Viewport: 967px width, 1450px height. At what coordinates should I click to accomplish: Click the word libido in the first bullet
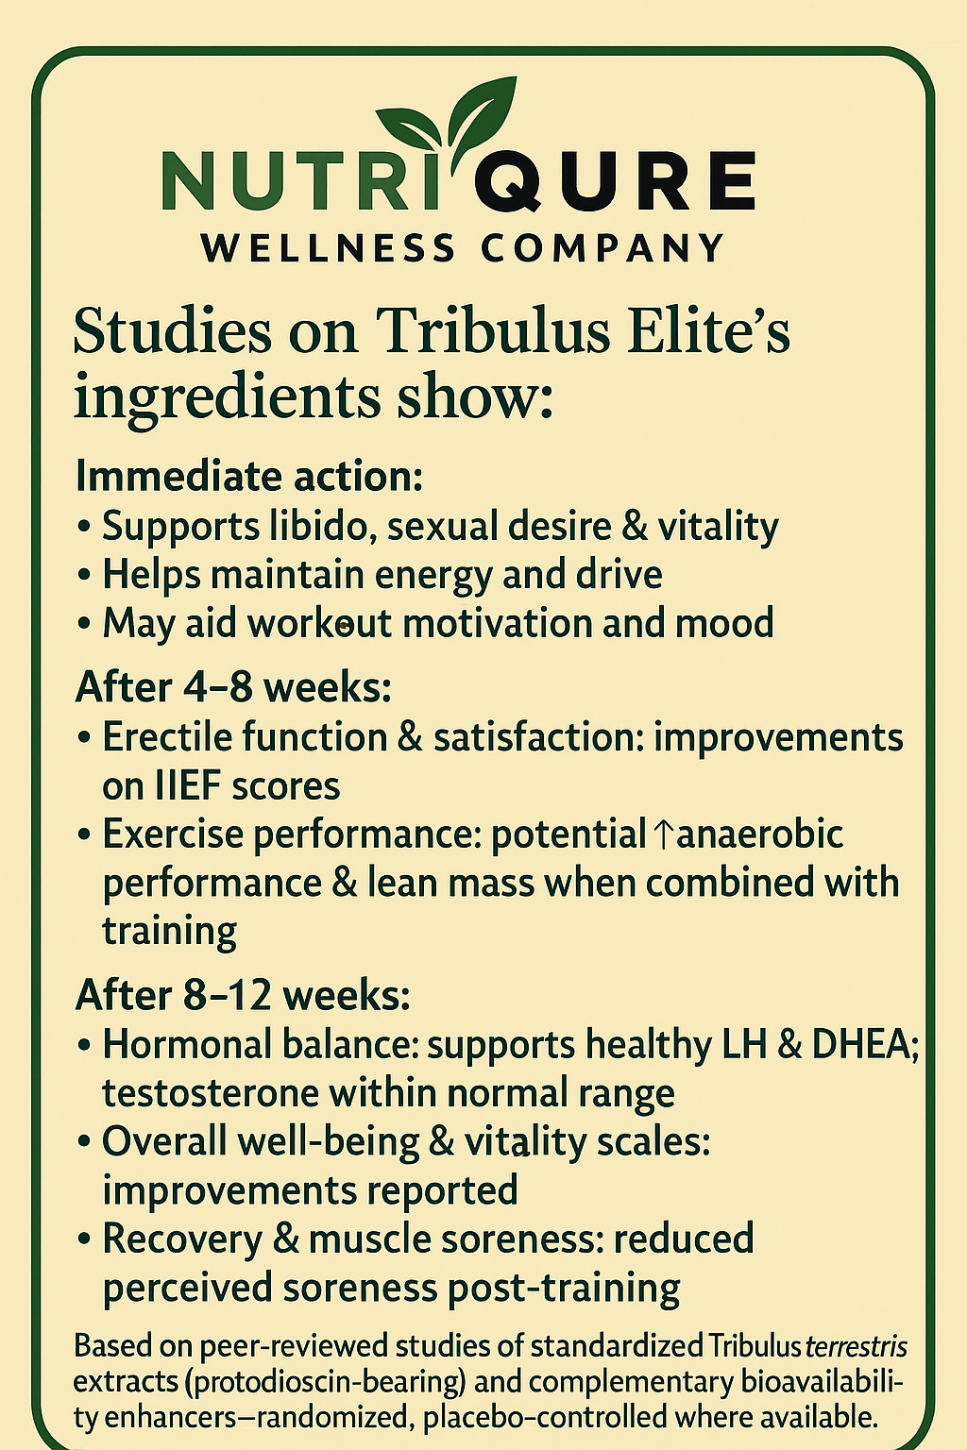pyautogui.click(x=315, y=526)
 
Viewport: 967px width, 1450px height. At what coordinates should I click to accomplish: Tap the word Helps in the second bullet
pyautogui.click(x=151, y=575)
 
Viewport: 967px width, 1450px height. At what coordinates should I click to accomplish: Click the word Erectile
pyautogui.click(x=165, y=737)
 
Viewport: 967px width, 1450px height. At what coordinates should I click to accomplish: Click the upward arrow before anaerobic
pyautogui.click(x=663, y=835)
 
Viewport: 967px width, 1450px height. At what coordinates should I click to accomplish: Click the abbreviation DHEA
pyautogui.click(x=863, y=1044)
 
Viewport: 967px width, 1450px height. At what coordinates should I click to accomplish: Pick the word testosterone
pyautogui.click(x=211, y=1093)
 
